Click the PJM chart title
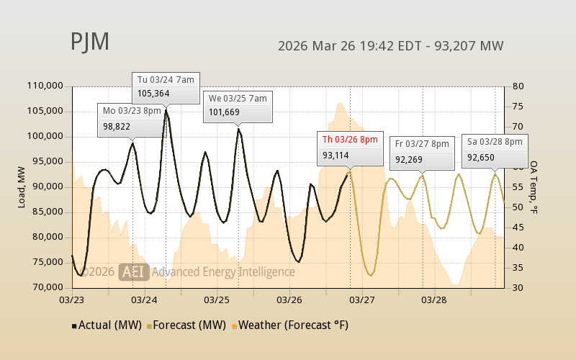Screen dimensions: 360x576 pyautogui.click(x=90, y=42)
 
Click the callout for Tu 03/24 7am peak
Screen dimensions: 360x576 pyautogui.click(x=166, y=86)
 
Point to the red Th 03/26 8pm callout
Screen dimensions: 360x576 pyautogui.click(x=350, y=147)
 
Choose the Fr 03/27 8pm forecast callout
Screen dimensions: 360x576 pyautogui.click(x=422, y=150)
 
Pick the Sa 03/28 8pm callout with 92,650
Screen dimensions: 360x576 pyautogui.click(x=495, y=149)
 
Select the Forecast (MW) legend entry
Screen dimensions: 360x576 pyautogui.click(x=186, y=325)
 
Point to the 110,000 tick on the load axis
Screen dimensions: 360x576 pyautogui.click(x=45, y=86)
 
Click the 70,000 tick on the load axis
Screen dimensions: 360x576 pyautogui.click(x=47, y=287)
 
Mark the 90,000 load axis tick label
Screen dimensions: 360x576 pyautogui.click(x=47, y=186)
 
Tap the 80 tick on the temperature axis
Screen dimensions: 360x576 pyautogui.click(x=517, y=86)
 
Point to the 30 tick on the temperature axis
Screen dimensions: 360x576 pyautogui.click(x=517, y=287)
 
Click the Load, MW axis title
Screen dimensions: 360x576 pyautogui.click(x=22, y=186)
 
